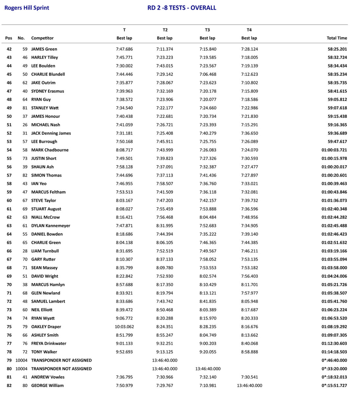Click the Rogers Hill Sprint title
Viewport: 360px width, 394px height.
(x=27, y=8)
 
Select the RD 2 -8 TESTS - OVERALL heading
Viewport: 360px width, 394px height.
(x=182, y=8)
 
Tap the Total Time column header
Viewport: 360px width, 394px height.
(x=337, y=38)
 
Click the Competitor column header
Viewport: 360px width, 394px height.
(x=42, y=38)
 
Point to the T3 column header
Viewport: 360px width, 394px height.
(x=207, y=30)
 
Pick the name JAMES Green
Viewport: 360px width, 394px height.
(x=44, y=49)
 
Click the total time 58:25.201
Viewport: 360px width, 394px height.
(x=337, y=49)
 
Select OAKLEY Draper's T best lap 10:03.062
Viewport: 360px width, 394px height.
(x=124, y=327)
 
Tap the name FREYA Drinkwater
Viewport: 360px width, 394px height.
(x=49, y=343)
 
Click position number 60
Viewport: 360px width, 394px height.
(x=9, y=201)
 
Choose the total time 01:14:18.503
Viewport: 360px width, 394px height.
(x=334, y=352)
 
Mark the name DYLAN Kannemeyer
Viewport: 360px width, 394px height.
(x=51, y=226)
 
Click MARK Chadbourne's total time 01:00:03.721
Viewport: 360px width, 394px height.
(x=334, y=150)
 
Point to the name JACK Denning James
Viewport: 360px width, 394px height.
(x=51, y=133)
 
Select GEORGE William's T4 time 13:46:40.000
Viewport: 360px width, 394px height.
(x=249, y=385)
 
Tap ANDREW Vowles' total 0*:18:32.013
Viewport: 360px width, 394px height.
(x=334, y=377)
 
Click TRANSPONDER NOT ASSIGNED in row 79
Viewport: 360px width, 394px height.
(x=61, y=360)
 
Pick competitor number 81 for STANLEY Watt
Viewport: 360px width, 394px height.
(x=25, y=108)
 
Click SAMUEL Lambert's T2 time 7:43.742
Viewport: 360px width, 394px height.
(x=165, y=301)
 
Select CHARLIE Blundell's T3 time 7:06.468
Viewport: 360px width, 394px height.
(x=208, y=74)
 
